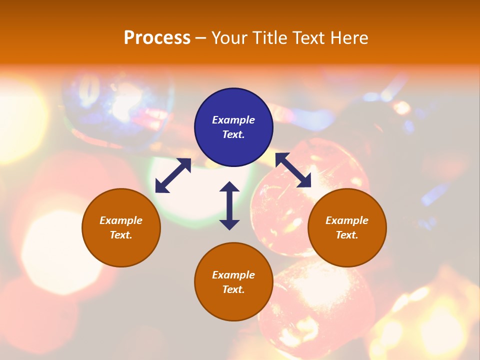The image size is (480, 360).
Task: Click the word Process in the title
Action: (x=157, y=38)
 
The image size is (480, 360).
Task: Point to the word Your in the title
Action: (x=228, y=38)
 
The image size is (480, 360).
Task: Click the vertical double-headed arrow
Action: (x=229, y=205)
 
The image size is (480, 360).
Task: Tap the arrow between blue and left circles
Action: (x=173, y=175)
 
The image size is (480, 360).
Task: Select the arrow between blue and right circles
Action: (x=293, y=170)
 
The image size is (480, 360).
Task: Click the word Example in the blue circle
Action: (x=233, y=120)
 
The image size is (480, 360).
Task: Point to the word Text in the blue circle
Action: (x=233, y=134)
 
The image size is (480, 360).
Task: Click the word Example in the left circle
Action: (x=121, y=220)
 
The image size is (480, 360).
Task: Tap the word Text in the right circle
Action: (x=347, y=235)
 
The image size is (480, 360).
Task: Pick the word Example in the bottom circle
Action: (x=233, y=275)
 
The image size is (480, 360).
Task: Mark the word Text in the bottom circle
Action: (x=233, y=289)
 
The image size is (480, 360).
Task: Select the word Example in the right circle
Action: (x=347, y=220)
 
